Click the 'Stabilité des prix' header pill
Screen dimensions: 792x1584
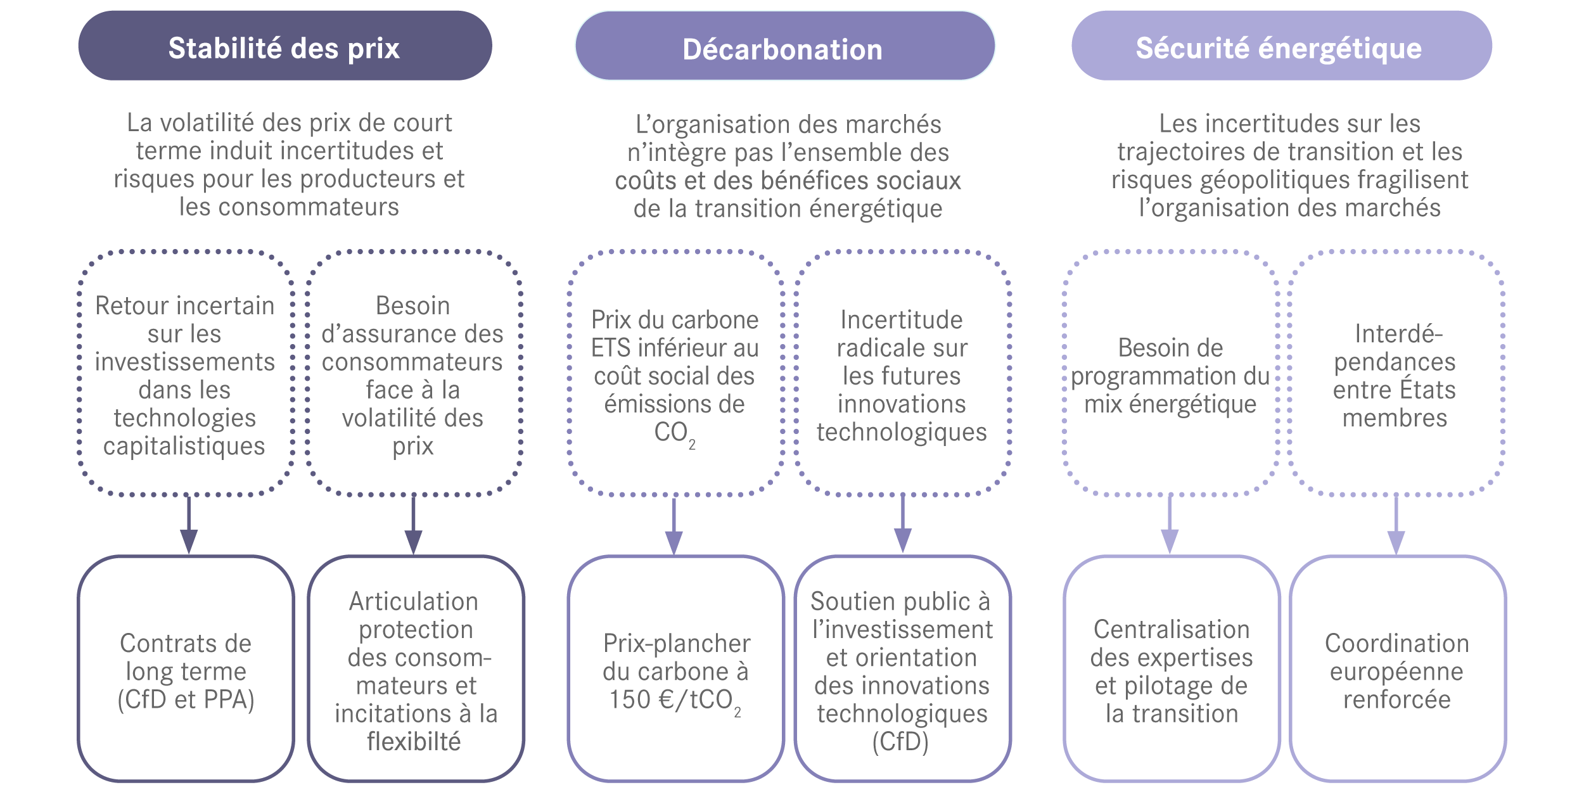pyautogui.click(x=284, y=46)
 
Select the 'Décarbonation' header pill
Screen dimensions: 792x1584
pyautogui.click(x=784, y=46)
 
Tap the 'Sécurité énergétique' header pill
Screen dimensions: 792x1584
pyautogui.click(x=1281, y=46)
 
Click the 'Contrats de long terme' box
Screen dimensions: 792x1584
pyautogui.click(x=186, y=669)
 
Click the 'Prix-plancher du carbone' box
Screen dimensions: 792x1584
pyautogui.click(x=675, y=669)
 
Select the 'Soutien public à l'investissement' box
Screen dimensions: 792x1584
pyautogui.click(x=902, y=669)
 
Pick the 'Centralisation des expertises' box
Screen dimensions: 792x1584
pyautogui.click(x=1171, y=669)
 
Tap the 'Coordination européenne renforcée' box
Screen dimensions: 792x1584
pyautogui.click(x=1396, y=669)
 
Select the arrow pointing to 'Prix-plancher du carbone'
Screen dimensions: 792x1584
pyautogui.click(x=674, y=526)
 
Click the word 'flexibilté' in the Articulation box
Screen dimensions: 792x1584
pyautogui.click(x=414, y=742)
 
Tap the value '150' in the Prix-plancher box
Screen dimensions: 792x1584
pyautogui.click(x=630, y=699)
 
